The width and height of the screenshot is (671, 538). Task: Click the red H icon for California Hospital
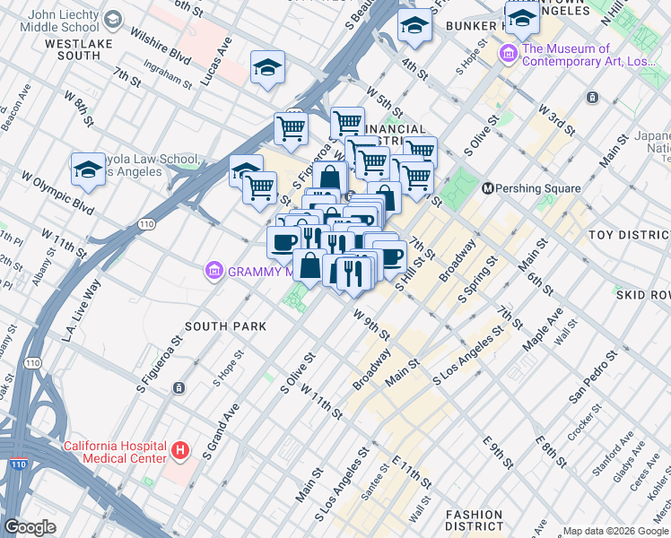point(180,450)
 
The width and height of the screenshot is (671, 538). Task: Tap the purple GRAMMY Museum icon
point(213,271)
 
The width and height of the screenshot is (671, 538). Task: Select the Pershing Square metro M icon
point(489,188)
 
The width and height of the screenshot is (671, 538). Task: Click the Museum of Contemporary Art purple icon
point(510,56)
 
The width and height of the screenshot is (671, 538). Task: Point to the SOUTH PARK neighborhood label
point(225,326)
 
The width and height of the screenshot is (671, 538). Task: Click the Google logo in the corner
point(30,527)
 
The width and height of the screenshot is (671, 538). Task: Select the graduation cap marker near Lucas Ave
point(267,68)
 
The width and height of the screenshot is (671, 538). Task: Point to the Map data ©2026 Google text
point(614,531)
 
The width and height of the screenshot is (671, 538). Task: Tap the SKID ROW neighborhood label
point(642,294)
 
